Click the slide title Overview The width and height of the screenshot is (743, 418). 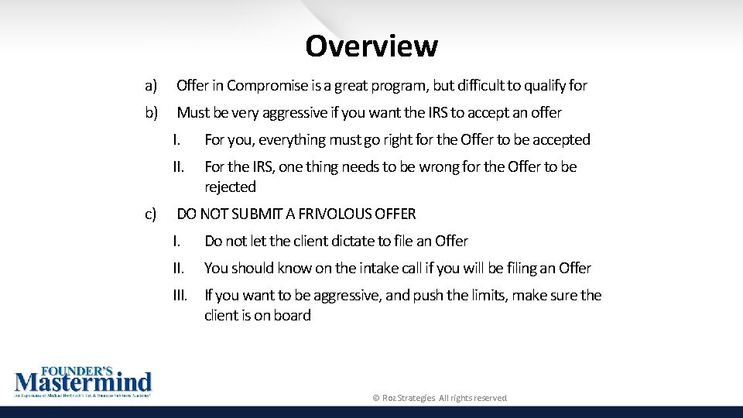pos(371,46)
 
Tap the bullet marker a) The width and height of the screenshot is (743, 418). pos(151,85)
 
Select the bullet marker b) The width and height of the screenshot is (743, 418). pos(151,112)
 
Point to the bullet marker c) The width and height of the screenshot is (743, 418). pos(150,214)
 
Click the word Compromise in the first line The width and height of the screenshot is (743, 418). pos(263,85)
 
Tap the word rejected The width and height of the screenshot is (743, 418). pos(230,187)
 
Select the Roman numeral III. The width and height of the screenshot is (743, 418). pos(180,296)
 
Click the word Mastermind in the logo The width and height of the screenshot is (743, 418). pos(84,382)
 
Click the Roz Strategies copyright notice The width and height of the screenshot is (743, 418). pos(440,398)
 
